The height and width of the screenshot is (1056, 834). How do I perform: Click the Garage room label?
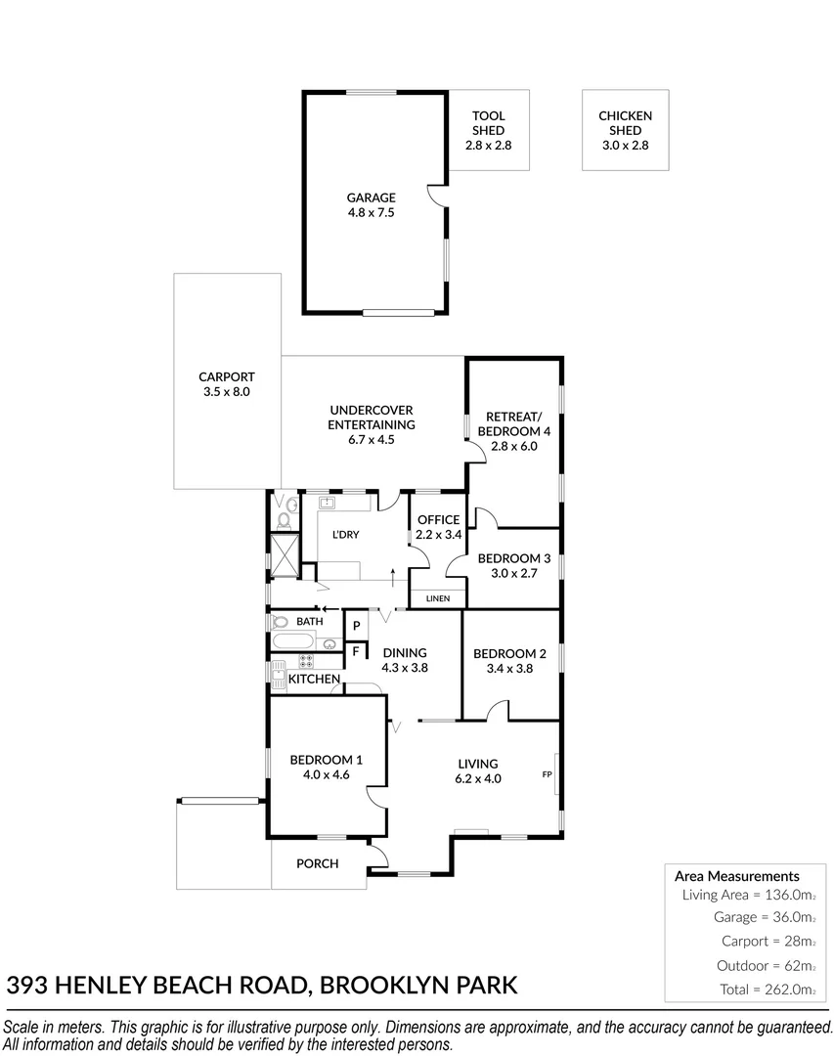click(x=371, y=198)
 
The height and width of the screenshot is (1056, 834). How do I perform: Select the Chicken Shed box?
click(x=625, y=130)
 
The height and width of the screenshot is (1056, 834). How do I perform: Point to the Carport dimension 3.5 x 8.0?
click(x=227, y=391)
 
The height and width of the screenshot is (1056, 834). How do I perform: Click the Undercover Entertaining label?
click(x=372, y=418)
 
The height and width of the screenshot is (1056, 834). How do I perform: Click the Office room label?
click(x=437, y=519)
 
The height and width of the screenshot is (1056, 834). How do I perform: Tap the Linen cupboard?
click(x=437, y=597)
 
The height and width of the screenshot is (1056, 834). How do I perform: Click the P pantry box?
click(x=356, y=626)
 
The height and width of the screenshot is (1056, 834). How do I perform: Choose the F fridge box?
click(x=356, y=650)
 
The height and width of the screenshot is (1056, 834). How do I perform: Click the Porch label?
click(x=318, y=863)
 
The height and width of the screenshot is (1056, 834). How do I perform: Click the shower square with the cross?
click(x=285, y=554)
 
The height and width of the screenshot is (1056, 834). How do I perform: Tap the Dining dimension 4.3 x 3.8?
click(x=405, y=668)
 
